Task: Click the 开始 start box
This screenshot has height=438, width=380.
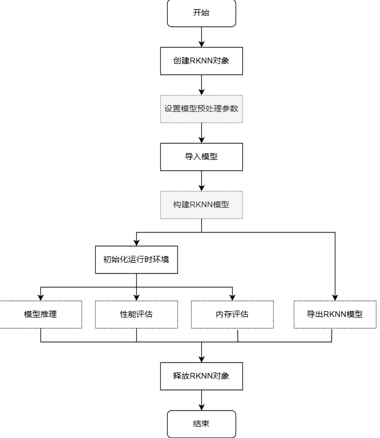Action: click(x=201, y=13)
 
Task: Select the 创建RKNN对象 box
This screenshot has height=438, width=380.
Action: click(x=201, y=61)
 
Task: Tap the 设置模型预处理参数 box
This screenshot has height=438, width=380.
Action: click(x=201, y=109)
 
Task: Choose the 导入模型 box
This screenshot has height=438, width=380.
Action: click(x=201, y=156)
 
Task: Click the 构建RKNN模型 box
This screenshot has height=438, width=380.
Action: click(x=201, y=204)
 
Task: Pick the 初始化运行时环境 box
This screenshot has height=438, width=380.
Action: click(x=136, y=259)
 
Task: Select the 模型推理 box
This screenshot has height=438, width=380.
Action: click(x=41, y=314)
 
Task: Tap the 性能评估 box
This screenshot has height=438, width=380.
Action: click(x=136, y=314)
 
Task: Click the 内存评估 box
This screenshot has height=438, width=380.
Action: click(x=232, y=314)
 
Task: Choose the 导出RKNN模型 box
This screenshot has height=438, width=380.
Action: click(x=335, y=314)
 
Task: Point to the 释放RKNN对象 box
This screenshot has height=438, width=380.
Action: click(x=201, y=376)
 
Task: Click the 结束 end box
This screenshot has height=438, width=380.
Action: click(x=201, y=424)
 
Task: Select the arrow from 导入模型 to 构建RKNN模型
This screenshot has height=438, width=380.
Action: click(x=201, y=180)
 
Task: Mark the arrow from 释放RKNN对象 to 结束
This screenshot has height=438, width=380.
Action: click(x=201, y=400)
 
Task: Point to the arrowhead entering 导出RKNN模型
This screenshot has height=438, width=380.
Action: click(x=335, y=296)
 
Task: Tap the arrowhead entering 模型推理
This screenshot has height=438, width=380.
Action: click(x=41, y=296)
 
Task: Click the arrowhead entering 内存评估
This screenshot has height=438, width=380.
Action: click(x=232, y=296)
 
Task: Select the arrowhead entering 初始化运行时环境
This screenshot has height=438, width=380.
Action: click(x=136, y=242)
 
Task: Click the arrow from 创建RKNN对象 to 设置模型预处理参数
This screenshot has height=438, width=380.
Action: click(x=201, y=85)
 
